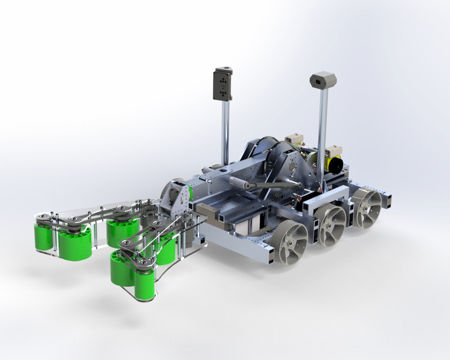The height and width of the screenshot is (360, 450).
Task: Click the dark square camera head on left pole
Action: (223, 84)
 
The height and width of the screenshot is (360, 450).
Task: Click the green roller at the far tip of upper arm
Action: (45, 237)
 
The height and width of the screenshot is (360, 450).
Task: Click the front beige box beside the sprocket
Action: (294, 138)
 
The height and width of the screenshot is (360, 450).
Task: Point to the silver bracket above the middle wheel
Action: (325, 197)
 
